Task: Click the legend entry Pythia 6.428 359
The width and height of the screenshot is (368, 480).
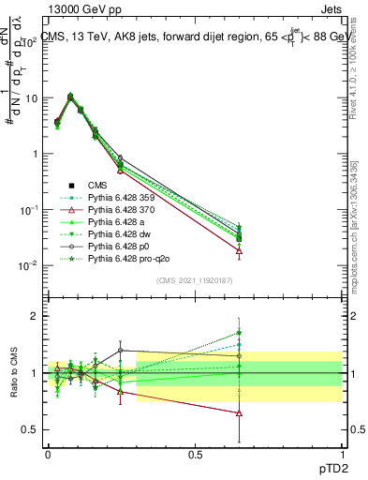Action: click(125, 198)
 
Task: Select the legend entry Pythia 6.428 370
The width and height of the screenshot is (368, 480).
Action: click(125, 210)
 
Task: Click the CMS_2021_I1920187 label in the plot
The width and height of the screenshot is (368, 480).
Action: click(195, 280)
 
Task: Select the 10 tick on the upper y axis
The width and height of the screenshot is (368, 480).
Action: click(33, 97)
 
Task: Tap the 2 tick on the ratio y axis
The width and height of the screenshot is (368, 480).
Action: click(35, 316)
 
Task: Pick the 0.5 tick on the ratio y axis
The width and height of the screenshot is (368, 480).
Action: click(31, 429)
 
